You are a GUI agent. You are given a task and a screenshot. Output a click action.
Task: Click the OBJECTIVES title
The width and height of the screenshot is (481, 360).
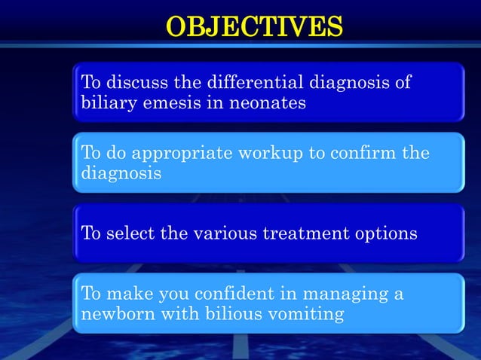[254, 26]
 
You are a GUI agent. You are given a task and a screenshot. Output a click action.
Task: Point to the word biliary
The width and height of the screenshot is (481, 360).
[105, 102]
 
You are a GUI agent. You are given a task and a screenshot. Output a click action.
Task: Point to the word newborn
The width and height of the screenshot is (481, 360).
[111, 314]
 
